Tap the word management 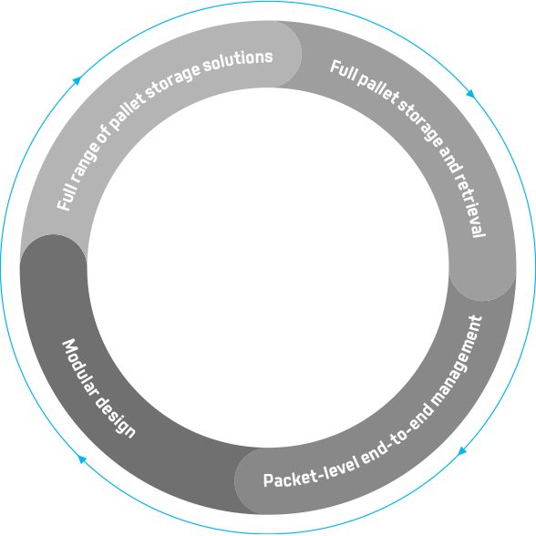pyautogui.click(x=458, y=360)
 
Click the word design pyautogui.click(x=116, y=417)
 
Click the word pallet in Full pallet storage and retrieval pyautogui.click(x=377, y=89)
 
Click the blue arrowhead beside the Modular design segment pyautogui.click(x=82, y=459)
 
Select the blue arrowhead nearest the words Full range pyautogui.click(x=77, y=80)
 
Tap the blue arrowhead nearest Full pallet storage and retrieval pyautogui.click(x=470, y=94)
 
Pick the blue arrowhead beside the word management pyautogui.click(x=462, y=451)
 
